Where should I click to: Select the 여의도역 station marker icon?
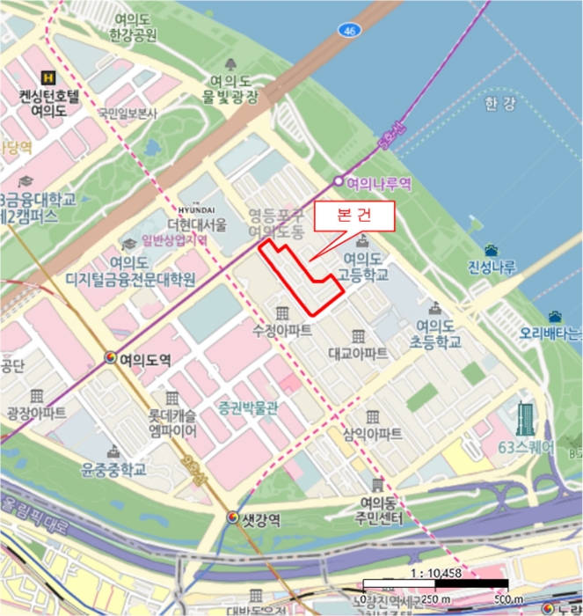[111, 358]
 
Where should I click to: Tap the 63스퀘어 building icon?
[526, 420]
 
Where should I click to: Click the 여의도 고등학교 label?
[361, 267]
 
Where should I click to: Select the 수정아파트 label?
[282, 332]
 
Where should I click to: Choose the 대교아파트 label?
[358, 354]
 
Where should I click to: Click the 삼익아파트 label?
[373, 434]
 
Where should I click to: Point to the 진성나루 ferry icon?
[491, 251]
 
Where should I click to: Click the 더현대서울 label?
[197, 224]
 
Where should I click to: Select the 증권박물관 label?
[248, 407]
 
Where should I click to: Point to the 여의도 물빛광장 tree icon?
[231, 64]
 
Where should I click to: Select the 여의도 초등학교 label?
[434, 332]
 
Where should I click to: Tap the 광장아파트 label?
[36, 412]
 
